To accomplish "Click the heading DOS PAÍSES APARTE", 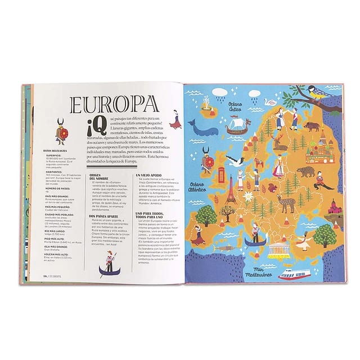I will coord(106,216).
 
